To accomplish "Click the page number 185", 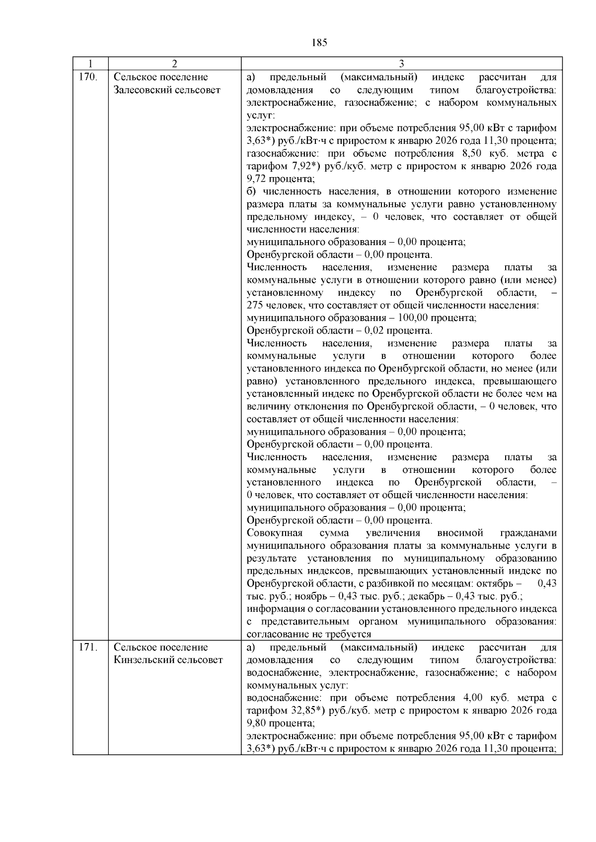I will (x=320, y=43).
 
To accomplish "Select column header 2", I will (x=174, y=64).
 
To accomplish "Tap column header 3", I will (x=401, y=64).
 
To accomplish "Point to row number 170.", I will (x=88, y=77).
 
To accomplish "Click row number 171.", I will (x=88, y=647).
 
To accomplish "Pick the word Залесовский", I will (x=141, y=90).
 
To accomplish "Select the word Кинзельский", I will (x=142, y=660).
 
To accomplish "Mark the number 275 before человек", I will (x=255, y=305).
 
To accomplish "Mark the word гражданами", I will (x=528, y=533).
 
